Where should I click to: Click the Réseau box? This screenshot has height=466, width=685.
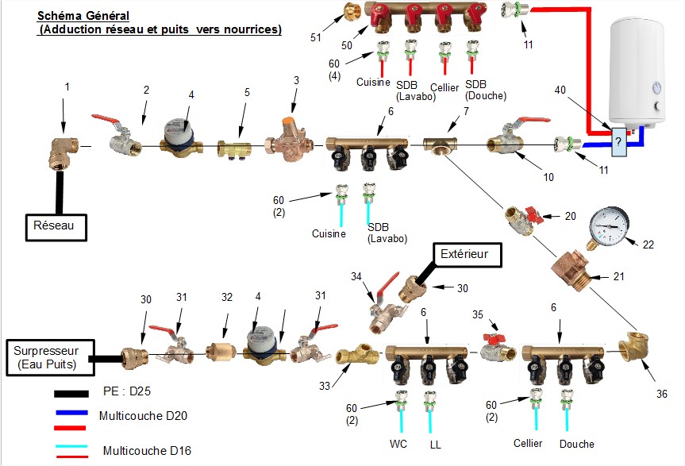click(x=56, y=227)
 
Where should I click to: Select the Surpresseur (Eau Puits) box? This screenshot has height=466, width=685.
click(x=50, y=358)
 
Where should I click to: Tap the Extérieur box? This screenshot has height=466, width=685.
click(x=467, y=255)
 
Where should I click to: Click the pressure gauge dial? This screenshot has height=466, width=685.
click(x=609, y=227)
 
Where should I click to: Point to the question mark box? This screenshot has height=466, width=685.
click(x=618, y=142)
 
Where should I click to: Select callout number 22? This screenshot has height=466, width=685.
click(x=648, y=245)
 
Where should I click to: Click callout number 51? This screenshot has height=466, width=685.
click(x=315, y=37)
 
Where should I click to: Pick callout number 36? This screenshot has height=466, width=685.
click(x=662, y=394)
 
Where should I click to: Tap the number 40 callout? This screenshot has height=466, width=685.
click(x=560, y=90)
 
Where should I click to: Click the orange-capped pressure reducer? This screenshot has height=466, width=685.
click(x=289, y=137)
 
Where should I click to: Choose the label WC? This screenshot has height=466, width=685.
click(x=398, y=444)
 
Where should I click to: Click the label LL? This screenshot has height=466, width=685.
click(x=435, y=445)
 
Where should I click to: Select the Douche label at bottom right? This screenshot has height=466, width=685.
click(x=577, y=444)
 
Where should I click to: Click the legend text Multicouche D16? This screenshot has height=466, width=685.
click(x=147, y=451)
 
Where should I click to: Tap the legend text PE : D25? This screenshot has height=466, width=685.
click(x=127, y=391)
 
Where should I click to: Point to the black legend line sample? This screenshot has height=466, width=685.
click(x=71, y=394)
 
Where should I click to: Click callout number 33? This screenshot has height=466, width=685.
click(x=324, y=386)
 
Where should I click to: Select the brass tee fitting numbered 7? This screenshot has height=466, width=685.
click(x=440, y=145)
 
